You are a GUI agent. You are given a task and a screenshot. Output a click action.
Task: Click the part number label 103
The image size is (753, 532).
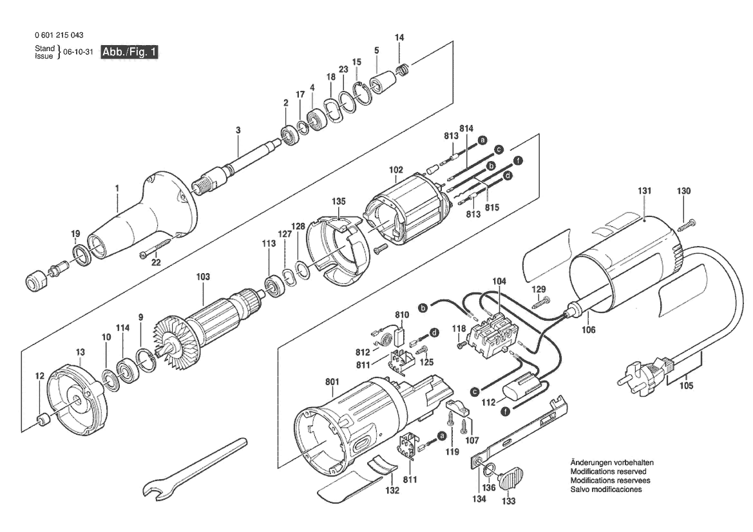(x=203, y=277)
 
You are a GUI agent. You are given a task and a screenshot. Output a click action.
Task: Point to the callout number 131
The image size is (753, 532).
(x=645, y=191)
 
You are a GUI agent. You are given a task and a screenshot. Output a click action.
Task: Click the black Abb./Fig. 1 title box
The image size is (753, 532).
(x=129, y=52)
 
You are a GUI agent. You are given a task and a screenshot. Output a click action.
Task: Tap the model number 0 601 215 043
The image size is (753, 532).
(x=59, y=35)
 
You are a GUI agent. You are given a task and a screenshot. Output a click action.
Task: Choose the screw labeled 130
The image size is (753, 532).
(x=686, y=224)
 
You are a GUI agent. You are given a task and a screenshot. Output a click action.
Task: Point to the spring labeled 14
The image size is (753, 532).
(x=403, y=70)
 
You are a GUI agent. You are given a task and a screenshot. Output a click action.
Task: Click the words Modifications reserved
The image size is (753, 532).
(x=609, y=471)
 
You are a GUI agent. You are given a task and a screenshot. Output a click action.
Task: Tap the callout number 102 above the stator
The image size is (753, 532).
(x=396, y=170)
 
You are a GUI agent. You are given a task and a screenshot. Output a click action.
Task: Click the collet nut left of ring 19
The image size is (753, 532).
(x=35, y=280)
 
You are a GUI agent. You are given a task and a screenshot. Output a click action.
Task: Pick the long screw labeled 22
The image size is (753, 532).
(x=156, y=247)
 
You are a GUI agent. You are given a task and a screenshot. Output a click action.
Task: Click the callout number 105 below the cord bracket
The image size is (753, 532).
(x=686, y=386)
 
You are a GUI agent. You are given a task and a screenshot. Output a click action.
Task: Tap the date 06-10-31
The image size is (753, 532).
(x=79, y=52)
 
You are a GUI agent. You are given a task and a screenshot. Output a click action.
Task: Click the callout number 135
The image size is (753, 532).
(x=339, y=201)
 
